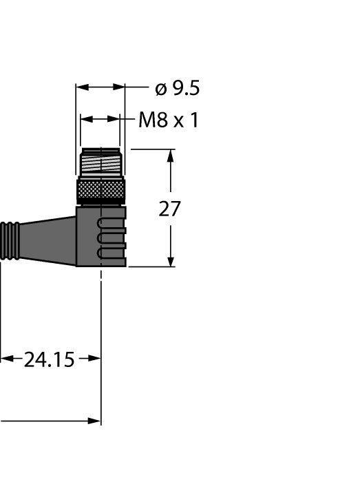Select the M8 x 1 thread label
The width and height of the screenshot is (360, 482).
(x=168, y=120)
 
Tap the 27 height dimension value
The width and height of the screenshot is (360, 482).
(x=170, y=209)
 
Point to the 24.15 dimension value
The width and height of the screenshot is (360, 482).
(x=49, y=359)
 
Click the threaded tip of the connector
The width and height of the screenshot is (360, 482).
(x=101, y=163)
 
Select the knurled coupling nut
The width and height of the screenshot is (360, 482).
(x=101, y=189)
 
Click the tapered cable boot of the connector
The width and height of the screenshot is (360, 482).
(x=48, y=238)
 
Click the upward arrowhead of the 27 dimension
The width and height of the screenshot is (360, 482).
(x=171, y=156)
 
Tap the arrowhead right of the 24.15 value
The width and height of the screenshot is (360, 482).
(x=94, y=359)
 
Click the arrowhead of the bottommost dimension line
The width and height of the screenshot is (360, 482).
(x=95, y=420)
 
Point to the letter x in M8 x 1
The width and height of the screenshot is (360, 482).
(x=178, y=122)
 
